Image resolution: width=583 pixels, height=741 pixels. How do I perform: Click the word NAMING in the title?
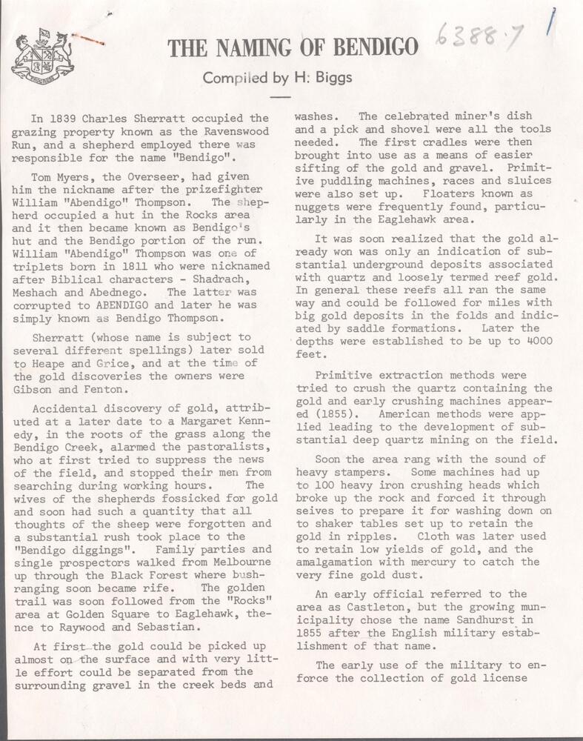pyautogui.click(x=260, y=47)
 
